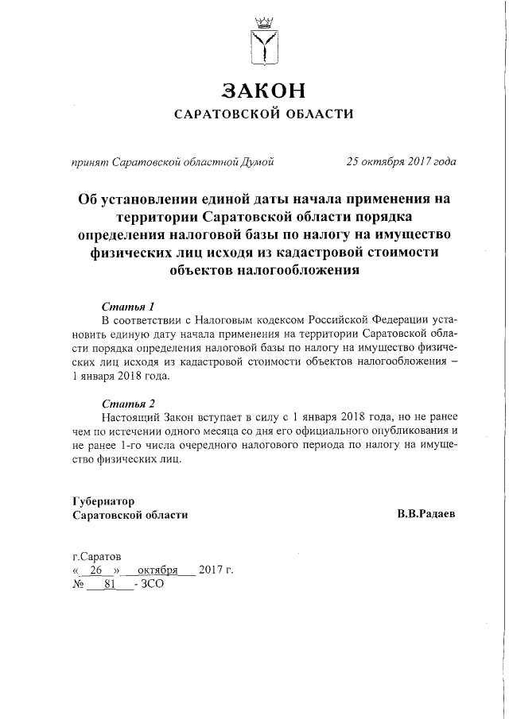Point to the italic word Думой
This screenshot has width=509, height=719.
257,162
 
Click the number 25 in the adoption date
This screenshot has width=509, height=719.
352,162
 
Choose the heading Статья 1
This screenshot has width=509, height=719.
128,306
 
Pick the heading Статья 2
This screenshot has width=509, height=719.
128,403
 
